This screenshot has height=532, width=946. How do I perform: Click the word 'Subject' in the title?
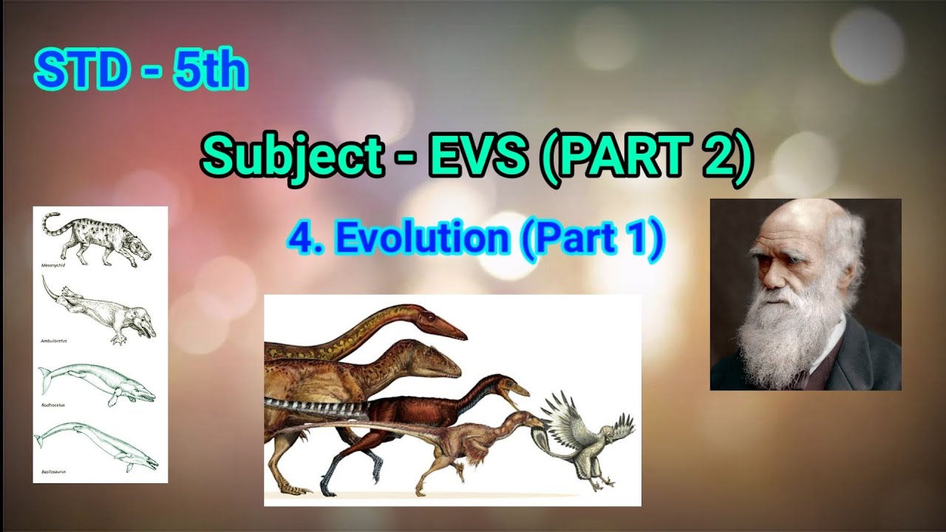(291, 157)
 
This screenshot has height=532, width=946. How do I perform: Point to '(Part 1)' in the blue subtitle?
(592, 239)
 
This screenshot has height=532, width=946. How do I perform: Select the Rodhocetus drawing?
(97, 384)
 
